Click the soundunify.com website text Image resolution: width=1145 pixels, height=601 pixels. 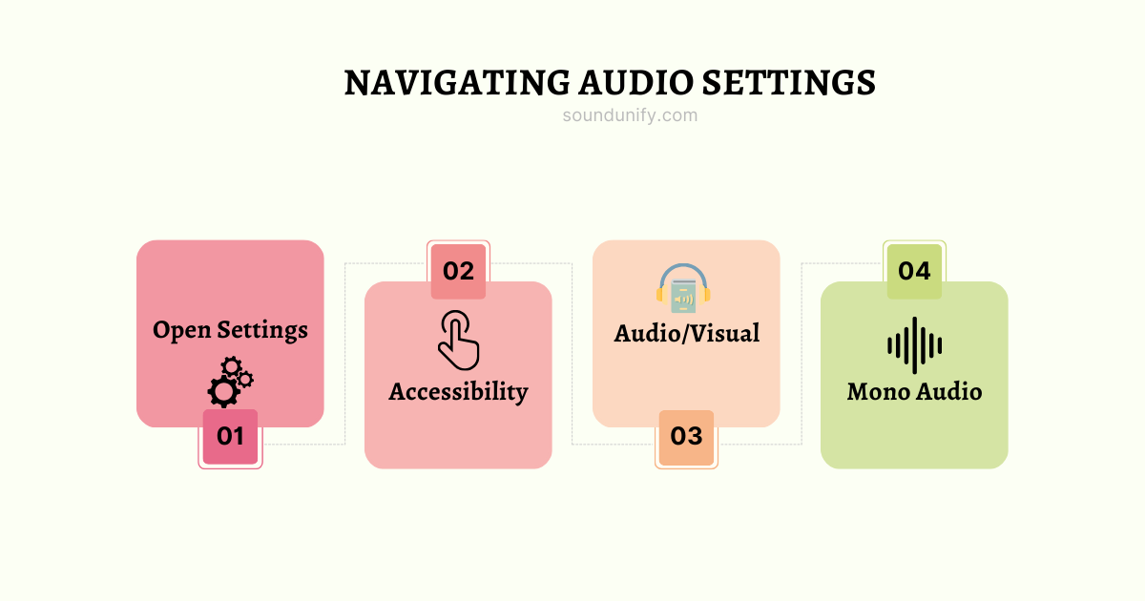[630, 115]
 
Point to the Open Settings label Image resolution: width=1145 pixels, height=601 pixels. [230, 330]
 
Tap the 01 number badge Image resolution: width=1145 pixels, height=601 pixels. [230, 437]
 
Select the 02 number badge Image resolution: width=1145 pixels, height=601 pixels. [458, 271]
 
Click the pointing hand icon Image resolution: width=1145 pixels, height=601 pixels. [458, 340]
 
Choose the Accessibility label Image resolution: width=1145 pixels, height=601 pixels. [458, 391]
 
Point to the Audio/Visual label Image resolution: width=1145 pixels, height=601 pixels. [687, 333]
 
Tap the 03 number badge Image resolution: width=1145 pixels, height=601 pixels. [686, 437]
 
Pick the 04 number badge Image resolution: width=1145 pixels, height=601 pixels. [914, 271]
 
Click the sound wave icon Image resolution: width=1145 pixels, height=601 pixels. [914, 345]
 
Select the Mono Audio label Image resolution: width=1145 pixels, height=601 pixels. [914, 391]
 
